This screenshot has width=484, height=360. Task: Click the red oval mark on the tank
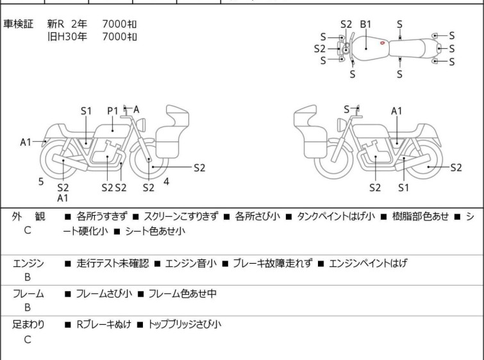point(382,43)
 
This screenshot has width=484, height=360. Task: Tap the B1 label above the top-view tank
point(365,24)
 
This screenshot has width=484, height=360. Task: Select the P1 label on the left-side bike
point(113,111)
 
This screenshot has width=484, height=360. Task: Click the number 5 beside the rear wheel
point(41,182)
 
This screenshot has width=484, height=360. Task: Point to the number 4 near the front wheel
point(167,182)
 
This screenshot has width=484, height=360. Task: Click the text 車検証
point(18,24)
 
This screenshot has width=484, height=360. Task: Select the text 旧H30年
point(67,37)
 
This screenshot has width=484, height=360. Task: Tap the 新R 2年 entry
point(67,24)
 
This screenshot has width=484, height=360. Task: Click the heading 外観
point(28,216)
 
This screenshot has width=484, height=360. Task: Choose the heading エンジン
point(28,263)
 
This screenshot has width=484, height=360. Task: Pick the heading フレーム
point(28,293)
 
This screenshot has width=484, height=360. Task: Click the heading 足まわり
point(28,324)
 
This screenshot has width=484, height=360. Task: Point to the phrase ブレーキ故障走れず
point(272,263)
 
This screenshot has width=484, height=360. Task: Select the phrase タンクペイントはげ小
point(336,216)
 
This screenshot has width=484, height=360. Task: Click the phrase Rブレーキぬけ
point(104,324)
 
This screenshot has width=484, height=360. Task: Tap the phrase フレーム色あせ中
point(183,293)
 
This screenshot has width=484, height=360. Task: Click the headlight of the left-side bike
point(142,125)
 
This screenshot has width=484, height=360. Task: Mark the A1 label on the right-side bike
point(397,111)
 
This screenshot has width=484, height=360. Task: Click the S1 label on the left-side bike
point(86,111)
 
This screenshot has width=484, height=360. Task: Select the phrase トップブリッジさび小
point(185,324)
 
